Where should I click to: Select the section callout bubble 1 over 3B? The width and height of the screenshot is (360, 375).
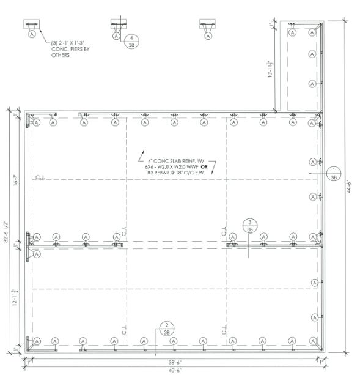pyautogui.click(x=334, y=174)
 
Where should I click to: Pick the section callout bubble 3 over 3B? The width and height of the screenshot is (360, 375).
pyautogui.click(x=249, y=225)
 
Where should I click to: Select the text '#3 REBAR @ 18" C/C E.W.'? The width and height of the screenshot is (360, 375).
pyautogui.click(x=175, y=173)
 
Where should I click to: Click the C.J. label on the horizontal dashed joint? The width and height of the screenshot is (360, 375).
pyautogui.click(x=40, y=178)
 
